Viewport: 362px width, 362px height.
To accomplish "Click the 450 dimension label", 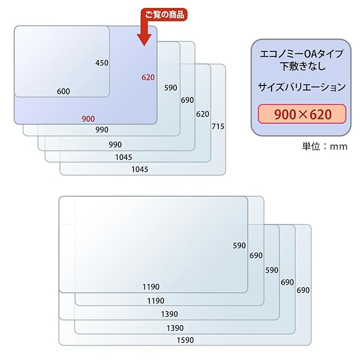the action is (102, 63).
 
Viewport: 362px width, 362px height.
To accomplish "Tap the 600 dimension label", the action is (63, 91).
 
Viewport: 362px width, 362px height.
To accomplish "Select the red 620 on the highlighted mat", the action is (148, 77).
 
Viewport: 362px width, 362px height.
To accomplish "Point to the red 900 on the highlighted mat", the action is (88, 118).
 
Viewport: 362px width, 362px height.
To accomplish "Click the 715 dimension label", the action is (218, 126).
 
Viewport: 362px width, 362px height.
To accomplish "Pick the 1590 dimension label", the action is (184, 340).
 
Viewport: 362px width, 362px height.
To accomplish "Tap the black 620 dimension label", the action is (202, 114).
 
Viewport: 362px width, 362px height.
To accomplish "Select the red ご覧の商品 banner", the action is (165, 15).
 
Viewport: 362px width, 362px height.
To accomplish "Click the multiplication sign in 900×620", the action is (303, 115).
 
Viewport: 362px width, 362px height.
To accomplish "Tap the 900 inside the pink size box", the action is (286, 115).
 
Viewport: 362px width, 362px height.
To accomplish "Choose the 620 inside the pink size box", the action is (320, 115).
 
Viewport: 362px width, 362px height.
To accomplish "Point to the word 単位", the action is (312, 146).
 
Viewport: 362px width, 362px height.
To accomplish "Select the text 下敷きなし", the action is (302, 67).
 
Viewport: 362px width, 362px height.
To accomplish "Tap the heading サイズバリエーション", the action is (302, 87).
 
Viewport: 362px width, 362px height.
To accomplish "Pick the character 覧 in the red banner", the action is (158, 15).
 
